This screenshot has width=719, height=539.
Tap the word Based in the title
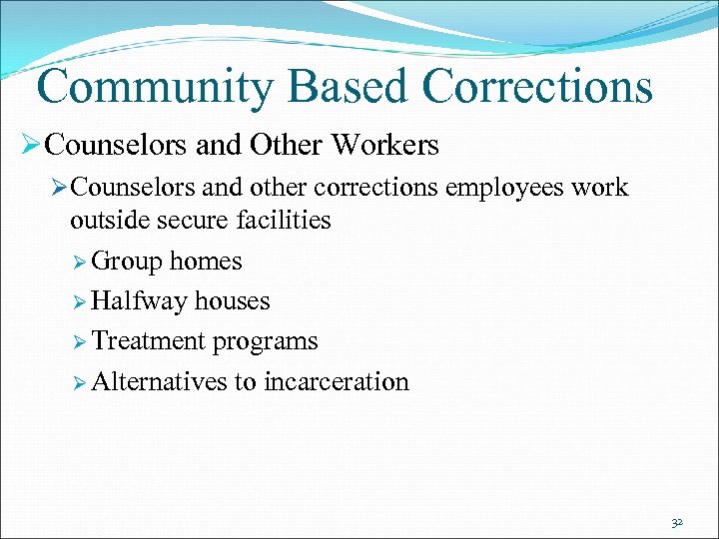330,87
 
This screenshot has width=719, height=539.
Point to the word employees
510,188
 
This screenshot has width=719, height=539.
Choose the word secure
190,220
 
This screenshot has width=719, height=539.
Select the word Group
127,263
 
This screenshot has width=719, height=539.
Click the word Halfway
140,301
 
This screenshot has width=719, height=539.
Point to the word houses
233,301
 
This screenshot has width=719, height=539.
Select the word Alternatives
159,381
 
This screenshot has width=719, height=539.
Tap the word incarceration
336,381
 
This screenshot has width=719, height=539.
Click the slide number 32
677,522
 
